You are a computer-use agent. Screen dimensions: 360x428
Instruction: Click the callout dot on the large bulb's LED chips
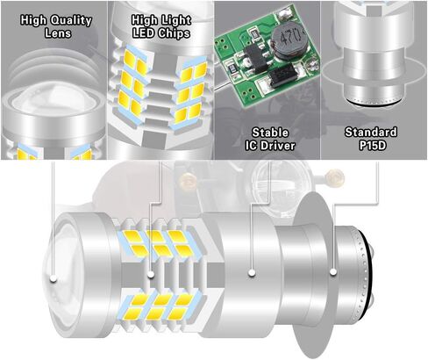150,274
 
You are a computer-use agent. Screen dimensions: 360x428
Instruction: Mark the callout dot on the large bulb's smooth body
253,274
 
